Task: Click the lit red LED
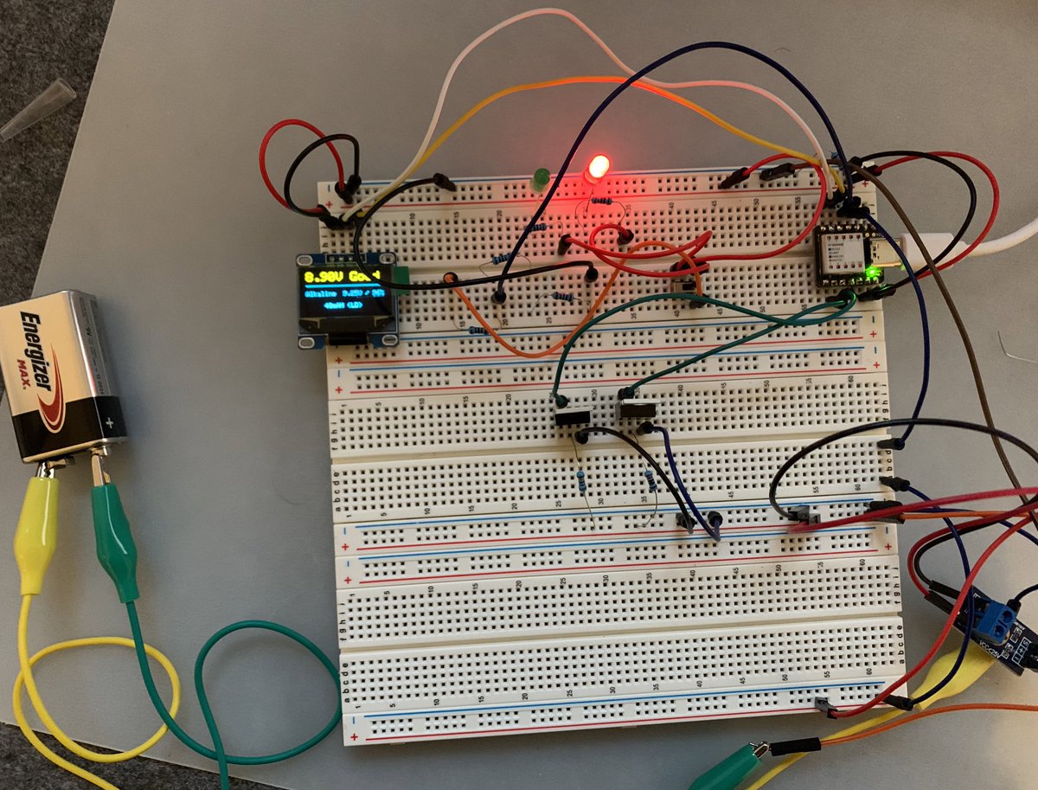(597, 167)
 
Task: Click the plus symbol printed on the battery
(111, 423)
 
